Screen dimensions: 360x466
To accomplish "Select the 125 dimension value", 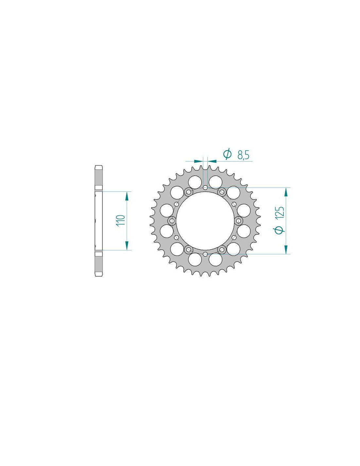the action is coord(280,213).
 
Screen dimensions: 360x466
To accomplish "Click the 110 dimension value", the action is coord(121,220).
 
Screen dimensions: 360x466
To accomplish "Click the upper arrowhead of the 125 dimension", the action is coord(285,192).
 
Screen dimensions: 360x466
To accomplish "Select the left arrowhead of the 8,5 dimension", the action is coord(198,161).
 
